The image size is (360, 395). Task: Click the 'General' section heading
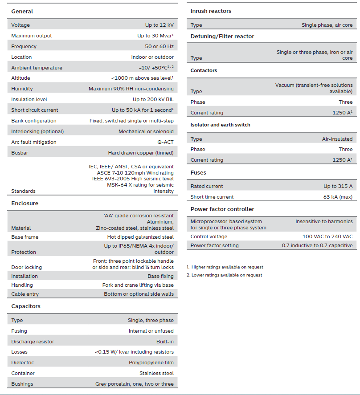pyautogui.click(x=22, y=11)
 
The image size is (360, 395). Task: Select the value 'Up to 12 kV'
pyautogui.click(x=159, y=25)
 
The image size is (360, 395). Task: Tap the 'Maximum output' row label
pyautogui.click(x=31, y=36)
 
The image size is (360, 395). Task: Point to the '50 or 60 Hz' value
pyautogui.click(x=159, y=46)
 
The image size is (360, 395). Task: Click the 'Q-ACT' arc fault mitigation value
pyautogui.click(x=165, y=142)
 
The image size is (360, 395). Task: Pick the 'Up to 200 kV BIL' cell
pyautogui.click(x=153, y=99)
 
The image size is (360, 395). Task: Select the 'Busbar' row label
pyautogui.click(x=20, y=153)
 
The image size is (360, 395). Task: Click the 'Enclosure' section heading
pyautogui.click(x=25, y=203)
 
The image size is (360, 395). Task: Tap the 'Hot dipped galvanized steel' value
pyautogui.click(x=140, y=237)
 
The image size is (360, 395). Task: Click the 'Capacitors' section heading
pyautogui.click(x=26, y=306)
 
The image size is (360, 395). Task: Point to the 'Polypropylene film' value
pyautogui.click(x=151, y=362)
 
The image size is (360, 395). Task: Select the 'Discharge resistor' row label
pyautogui.click(x=33, y=342)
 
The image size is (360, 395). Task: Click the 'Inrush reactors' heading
pyautogui.click(x=211, y=11)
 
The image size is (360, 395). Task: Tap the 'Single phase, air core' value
pyautogui.click(x=327, y=25)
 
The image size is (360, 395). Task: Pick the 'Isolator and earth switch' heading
pyautogui.click(x=220, y=125)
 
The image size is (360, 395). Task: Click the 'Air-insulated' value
pyautogui.click(x=337, y=139)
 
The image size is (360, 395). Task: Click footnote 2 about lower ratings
pyautogui.click(x=225, y=275)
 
